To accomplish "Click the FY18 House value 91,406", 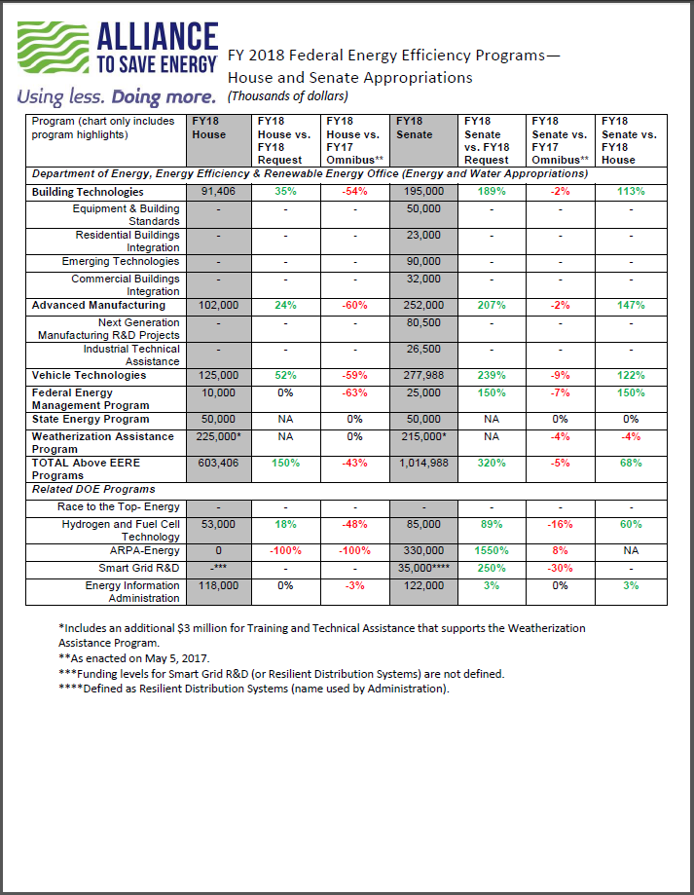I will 218,192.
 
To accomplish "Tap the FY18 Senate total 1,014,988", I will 423,463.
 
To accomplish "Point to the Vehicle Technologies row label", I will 89,375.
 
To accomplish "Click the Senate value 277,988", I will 423,375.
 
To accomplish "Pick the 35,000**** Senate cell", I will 424,568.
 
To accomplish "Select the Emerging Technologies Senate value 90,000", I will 423,261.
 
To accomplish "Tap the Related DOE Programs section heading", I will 93,489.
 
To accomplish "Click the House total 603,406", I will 218,463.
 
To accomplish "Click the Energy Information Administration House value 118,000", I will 218,585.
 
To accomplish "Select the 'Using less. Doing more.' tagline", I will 116,97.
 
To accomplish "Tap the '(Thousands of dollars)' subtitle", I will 287,96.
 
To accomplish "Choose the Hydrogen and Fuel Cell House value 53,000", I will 218,525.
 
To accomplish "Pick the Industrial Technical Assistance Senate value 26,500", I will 423,349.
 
